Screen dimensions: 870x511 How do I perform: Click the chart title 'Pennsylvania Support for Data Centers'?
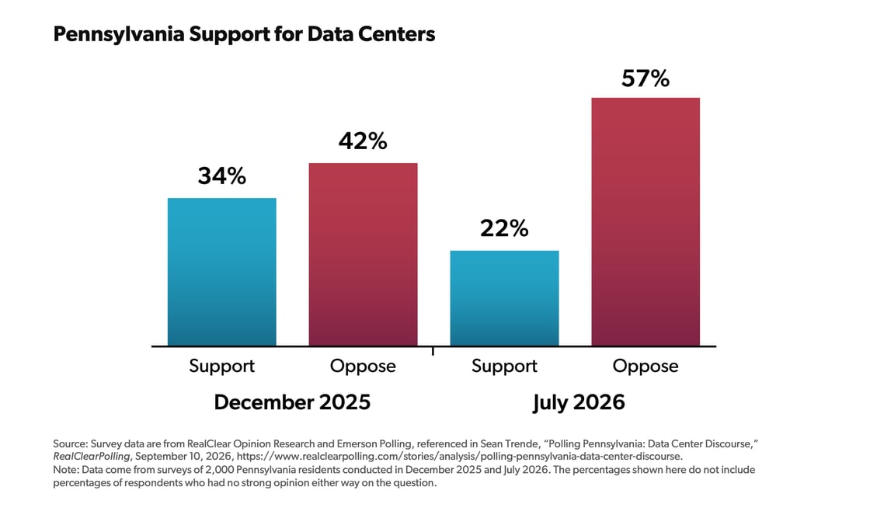pyautogui.click(x=244, y=34)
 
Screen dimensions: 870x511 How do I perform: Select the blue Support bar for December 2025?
pyautogui.click(x=222, y=272)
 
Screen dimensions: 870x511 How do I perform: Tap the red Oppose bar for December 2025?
pyautogui.click(x=363, y=255)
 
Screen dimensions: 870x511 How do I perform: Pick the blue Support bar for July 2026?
pyautogui.click(x=504, y=298)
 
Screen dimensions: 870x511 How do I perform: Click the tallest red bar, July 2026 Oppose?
pyautogui.click(x=646, y=222)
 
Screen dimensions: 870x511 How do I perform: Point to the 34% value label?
pyautogui.click(x=222, y=176)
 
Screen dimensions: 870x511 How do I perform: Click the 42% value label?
pyautogui.click(x=363, y=141)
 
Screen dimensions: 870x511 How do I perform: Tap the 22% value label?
pyautogui.click(x=504, y=228)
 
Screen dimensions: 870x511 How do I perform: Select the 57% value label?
pyautogui.click(x=646, y=78)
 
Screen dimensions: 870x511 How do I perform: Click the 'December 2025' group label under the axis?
pyautogui.click(x=292, y=402)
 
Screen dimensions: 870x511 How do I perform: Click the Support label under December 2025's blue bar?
pyautogui.click(x=222, y=367)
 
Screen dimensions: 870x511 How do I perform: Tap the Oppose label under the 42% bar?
pyautogui.click(x=363, y=367)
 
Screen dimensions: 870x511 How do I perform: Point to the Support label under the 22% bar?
pyautogui.click(x=504, y=367)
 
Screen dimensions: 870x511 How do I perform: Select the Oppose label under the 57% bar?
pyautogui.click(x=646, y=367)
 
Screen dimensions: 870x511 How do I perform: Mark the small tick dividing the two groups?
pyautogui.click(x=433, y=351)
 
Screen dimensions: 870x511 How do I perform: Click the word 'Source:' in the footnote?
pyautogui.click(x=71, y=444)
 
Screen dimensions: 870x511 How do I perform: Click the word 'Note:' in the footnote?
pyautogui.click(x=66, y=470)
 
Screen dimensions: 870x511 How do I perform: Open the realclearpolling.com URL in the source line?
pyautogui.click(x=459, y=457)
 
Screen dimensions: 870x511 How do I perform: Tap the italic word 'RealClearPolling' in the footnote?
pyautogui.click(x=92, y=457)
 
